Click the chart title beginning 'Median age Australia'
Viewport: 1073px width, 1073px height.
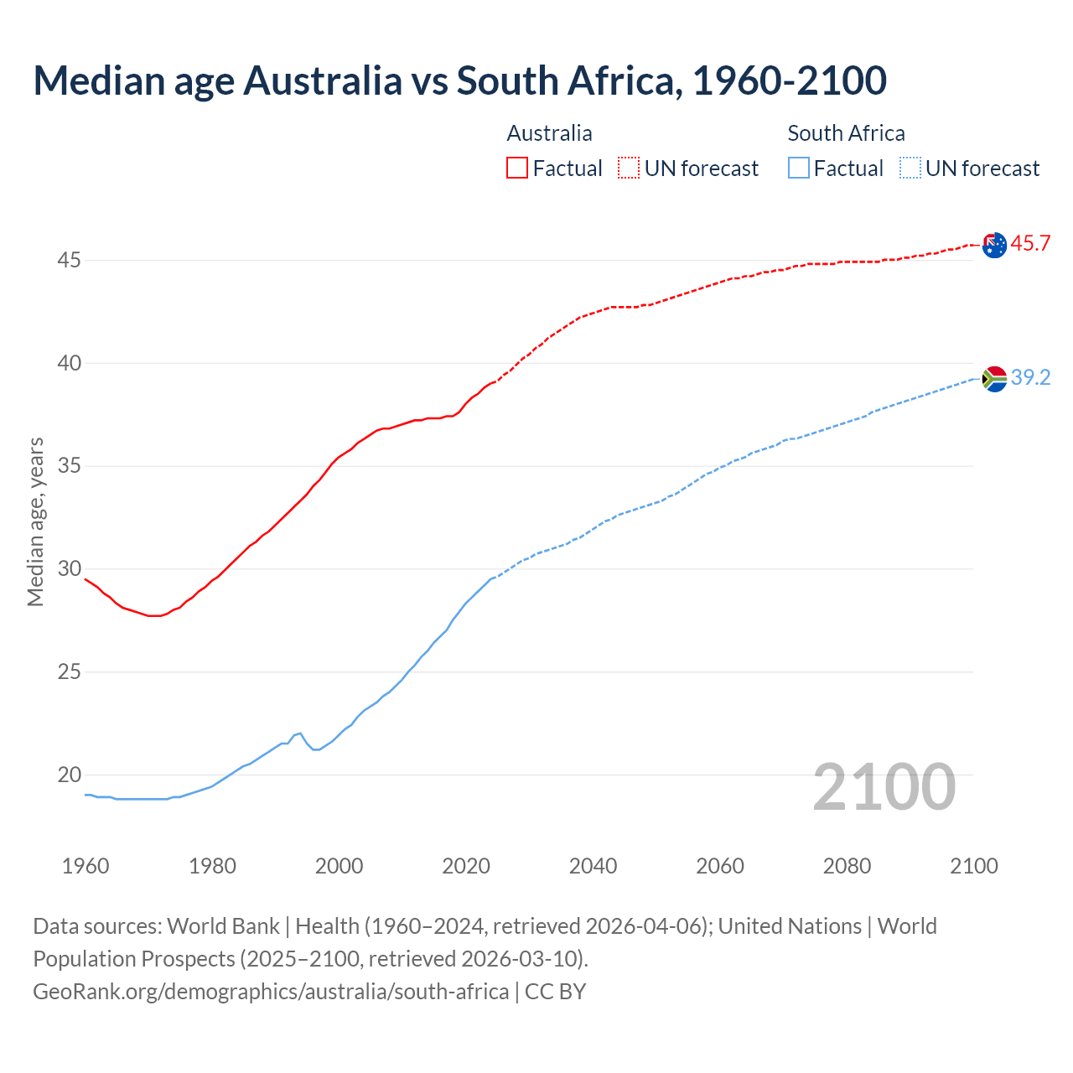point(459,80)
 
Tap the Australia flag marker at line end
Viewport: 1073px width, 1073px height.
point(994,245)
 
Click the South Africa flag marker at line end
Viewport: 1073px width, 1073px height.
point(994,379)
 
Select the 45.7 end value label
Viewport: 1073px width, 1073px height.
point(1030,244)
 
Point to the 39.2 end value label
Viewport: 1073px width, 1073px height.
point(1030,378)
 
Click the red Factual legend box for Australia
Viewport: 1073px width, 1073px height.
point(517,168)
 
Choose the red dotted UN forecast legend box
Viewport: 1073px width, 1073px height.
point(629,168)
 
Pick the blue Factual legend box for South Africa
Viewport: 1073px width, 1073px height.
point(799,168)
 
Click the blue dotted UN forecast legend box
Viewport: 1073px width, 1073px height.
point(910,168)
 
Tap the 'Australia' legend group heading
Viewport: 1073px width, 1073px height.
point(549,133)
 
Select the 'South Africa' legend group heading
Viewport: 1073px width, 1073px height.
point(846,133)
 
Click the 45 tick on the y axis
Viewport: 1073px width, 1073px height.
point(69,261)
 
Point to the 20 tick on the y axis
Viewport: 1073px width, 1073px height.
point(69,775)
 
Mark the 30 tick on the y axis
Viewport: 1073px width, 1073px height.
point(69,569)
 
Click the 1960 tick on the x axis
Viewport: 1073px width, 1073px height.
point(86,866)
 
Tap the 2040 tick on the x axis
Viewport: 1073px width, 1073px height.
point(593,866)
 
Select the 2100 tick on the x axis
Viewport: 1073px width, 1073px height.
point(973,866)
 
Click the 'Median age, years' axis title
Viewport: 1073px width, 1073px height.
point(35,521)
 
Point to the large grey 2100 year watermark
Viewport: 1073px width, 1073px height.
point(884,787)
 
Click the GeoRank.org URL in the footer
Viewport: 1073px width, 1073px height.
point(271,992)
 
